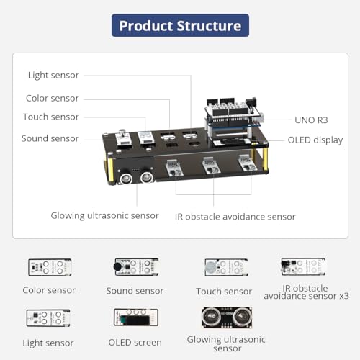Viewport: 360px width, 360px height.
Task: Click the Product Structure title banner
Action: click(180, 25)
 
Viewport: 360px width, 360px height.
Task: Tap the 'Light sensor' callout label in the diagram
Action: click(53, 76)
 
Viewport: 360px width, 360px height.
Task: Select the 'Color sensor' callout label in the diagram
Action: click(53, 99)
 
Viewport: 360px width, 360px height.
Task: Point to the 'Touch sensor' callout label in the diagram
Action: click(51, 117)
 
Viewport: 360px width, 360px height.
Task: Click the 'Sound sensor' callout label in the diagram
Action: click(50, 138)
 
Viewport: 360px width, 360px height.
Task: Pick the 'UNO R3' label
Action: click(311, 120)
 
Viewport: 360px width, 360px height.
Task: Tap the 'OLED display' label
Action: click(315, 140)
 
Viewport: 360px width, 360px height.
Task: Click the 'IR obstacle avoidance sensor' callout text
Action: click(235, 217)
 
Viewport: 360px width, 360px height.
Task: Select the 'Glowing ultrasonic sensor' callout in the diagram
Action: click(104, 216)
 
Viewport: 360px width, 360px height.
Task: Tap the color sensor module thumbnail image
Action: click(50, 267)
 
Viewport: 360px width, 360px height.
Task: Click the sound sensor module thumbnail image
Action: click(136, 267)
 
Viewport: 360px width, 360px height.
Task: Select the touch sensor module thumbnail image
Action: click(226, 267)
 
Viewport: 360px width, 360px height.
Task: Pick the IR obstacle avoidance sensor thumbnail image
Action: click(303, 266)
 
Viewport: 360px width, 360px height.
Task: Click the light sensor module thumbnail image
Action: click(48, 318)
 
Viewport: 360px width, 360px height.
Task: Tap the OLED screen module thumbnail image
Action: click(136, 318)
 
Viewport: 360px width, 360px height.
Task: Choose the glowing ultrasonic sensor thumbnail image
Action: click(227, 318)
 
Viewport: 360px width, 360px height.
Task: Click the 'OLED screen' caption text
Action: click(135, 343)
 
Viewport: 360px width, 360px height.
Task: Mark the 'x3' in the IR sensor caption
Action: click(344, 296)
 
